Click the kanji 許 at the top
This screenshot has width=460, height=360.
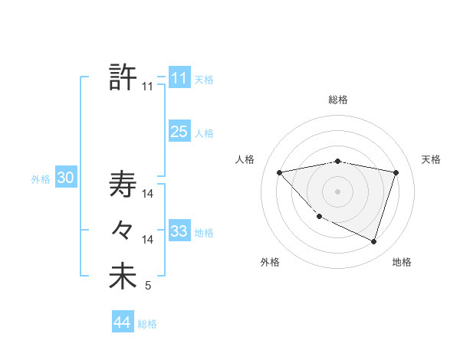[123, 77]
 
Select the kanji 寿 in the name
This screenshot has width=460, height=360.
[123, 184]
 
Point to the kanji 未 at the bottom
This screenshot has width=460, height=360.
[123, 277]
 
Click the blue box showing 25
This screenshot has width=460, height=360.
[179, 132]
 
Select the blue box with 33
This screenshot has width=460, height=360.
[179, 231]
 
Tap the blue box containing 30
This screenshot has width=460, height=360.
[65, 178]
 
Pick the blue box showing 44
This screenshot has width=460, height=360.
[122, 322]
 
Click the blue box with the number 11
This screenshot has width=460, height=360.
[179, 78]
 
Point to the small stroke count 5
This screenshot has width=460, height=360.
[148, 286]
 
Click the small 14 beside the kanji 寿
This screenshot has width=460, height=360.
[148, 194]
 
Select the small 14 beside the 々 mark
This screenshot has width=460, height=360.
[148, 240]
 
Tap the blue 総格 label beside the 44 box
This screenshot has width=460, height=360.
[147, 324]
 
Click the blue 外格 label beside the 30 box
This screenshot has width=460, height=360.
[41, 179]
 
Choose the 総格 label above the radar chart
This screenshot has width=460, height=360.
[338, 100]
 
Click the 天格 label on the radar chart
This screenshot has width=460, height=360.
[431, 159]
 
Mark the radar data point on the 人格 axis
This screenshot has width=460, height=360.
[279, 172]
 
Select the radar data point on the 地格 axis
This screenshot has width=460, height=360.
[373, 241]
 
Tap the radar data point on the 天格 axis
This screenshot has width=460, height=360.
[396, 172]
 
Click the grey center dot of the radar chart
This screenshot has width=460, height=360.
[337, 191]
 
